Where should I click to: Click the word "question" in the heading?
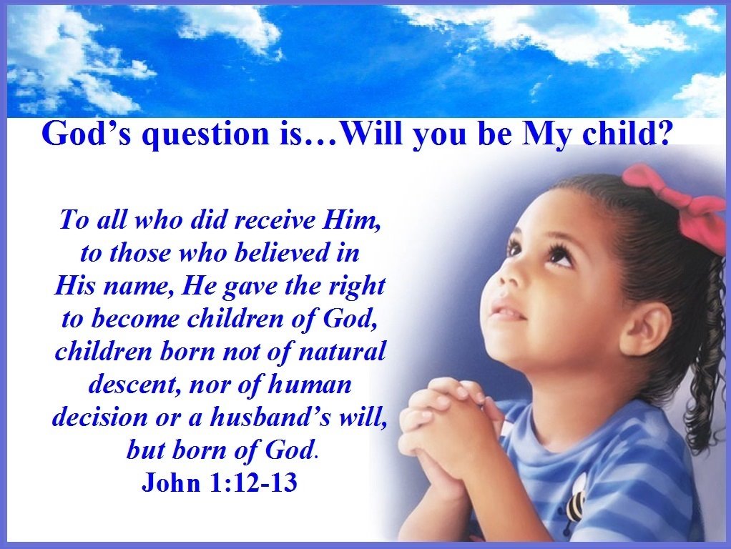(x=201, y=135)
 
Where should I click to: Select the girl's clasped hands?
(x=440, y=429)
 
